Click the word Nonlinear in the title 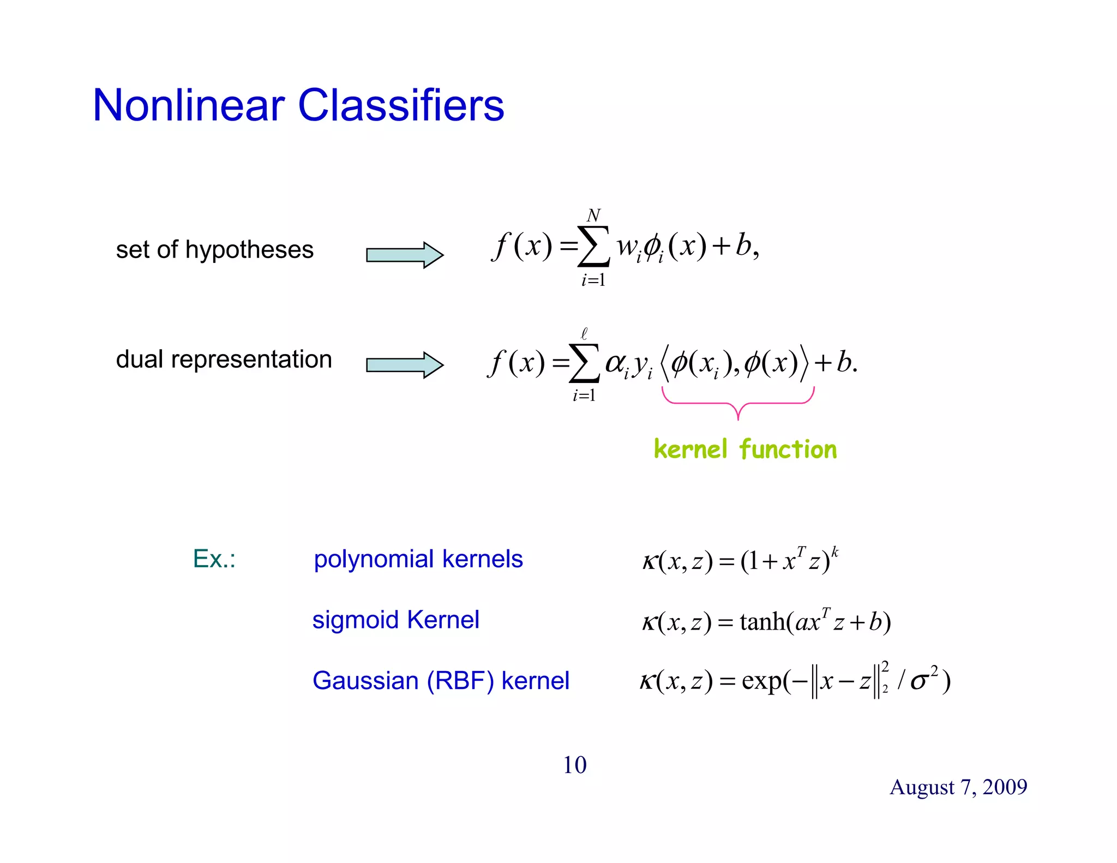pyautogui.click(x=189, y=105)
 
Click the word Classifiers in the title pyautogui.click(x=401, y=105)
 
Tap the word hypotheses pyautogui.click(x=249, y=250)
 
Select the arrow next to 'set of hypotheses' pyautogui.click(x=404, y=255)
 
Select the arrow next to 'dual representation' pyautogui.click(x=404, y=364)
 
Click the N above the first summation pyautogui.click(x=593, y=215)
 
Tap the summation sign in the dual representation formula pyautogui.click(x=584, y=363)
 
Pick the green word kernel pyautogui.click(x=690, y=450)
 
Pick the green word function pyautogui.click(x=788, y=450)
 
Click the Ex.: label pyautogui.click(x=214, y=559)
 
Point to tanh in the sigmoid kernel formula pyautogui.click(x=763, y=622)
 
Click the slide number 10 pyautogui.click(x=574, y=765)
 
